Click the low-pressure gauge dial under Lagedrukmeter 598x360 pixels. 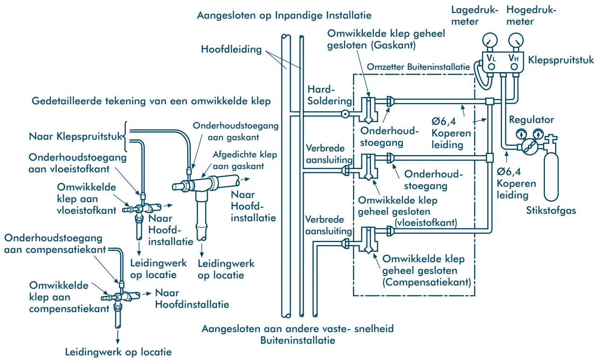pyautogui.click(x=490, y=41)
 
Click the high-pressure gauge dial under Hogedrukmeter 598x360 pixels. pyautogui.click(x=516, y=41)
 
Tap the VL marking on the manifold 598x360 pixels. pyautogui.click(x=491, y=58)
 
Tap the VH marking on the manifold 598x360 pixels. pyautogui.click(x=513, y=58)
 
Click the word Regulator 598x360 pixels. pyautogui.click(x=531, y=120)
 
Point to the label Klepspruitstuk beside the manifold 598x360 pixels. pyautogui.click(x=561, y=60)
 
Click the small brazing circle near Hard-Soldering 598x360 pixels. pyautogui.click(x=345, y=114)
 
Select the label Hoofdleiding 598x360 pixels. pyautogui.click(x=231, y=49)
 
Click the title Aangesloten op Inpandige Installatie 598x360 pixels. pyautogui.click(x=284, y=15)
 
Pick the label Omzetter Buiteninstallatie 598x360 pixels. pyautogui.click(x=418, y=67)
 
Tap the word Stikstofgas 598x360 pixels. pyautogui.click(x=551, y=211)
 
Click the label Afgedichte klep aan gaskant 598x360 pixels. pyautogui.click(x=245, y=160)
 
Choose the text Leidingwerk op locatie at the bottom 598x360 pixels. pyautogui.click(x=118, y=352)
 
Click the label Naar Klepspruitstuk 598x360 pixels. pyautogui.click(x=75, y=136)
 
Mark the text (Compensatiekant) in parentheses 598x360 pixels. pyautogui.click(x=427, y=282)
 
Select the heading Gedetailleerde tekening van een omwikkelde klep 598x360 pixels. pyautogui.click(x=151, y=101)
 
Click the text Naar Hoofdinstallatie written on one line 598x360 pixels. pyautogui.click(x=192, y=304)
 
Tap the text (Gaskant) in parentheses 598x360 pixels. pyautogui.click(x=394, y=45)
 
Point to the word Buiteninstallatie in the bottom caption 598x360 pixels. pyautogui.click(x=298, y=340)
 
